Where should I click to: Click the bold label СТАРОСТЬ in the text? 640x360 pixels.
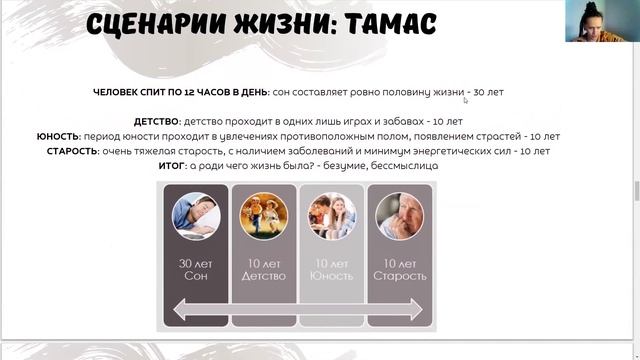click(71, 151)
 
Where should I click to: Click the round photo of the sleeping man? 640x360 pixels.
click(196, 216)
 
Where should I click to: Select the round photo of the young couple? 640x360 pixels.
click(331, 216)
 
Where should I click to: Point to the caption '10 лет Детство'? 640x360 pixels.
click(264, 270)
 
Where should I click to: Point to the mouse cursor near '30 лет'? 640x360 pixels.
click(466, 100)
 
